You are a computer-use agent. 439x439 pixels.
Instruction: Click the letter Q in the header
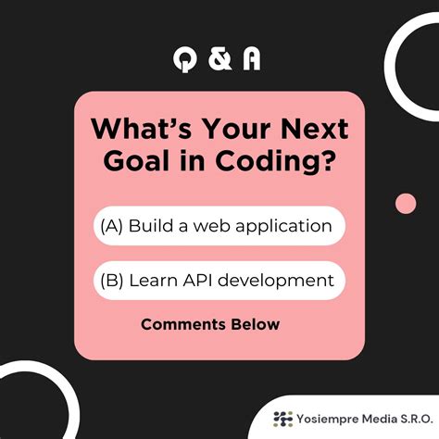point(186,58)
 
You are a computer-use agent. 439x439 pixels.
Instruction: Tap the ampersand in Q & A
point(219,58)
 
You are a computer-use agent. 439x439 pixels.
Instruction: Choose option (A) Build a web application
point(219,225)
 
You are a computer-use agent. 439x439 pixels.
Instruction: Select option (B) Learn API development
point(219,280)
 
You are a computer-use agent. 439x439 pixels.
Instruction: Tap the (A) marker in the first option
point(112,225)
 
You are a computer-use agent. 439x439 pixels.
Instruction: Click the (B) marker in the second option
point(112,280)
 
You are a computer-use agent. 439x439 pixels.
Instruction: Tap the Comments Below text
point(209,324)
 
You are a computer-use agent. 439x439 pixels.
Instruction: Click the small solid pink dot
point(406,203)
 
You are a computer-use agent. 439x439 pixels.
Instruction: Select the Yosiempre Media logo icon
point(282,418)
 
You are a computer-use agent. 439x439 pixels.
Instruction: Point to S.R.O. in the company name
point(410,418)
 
